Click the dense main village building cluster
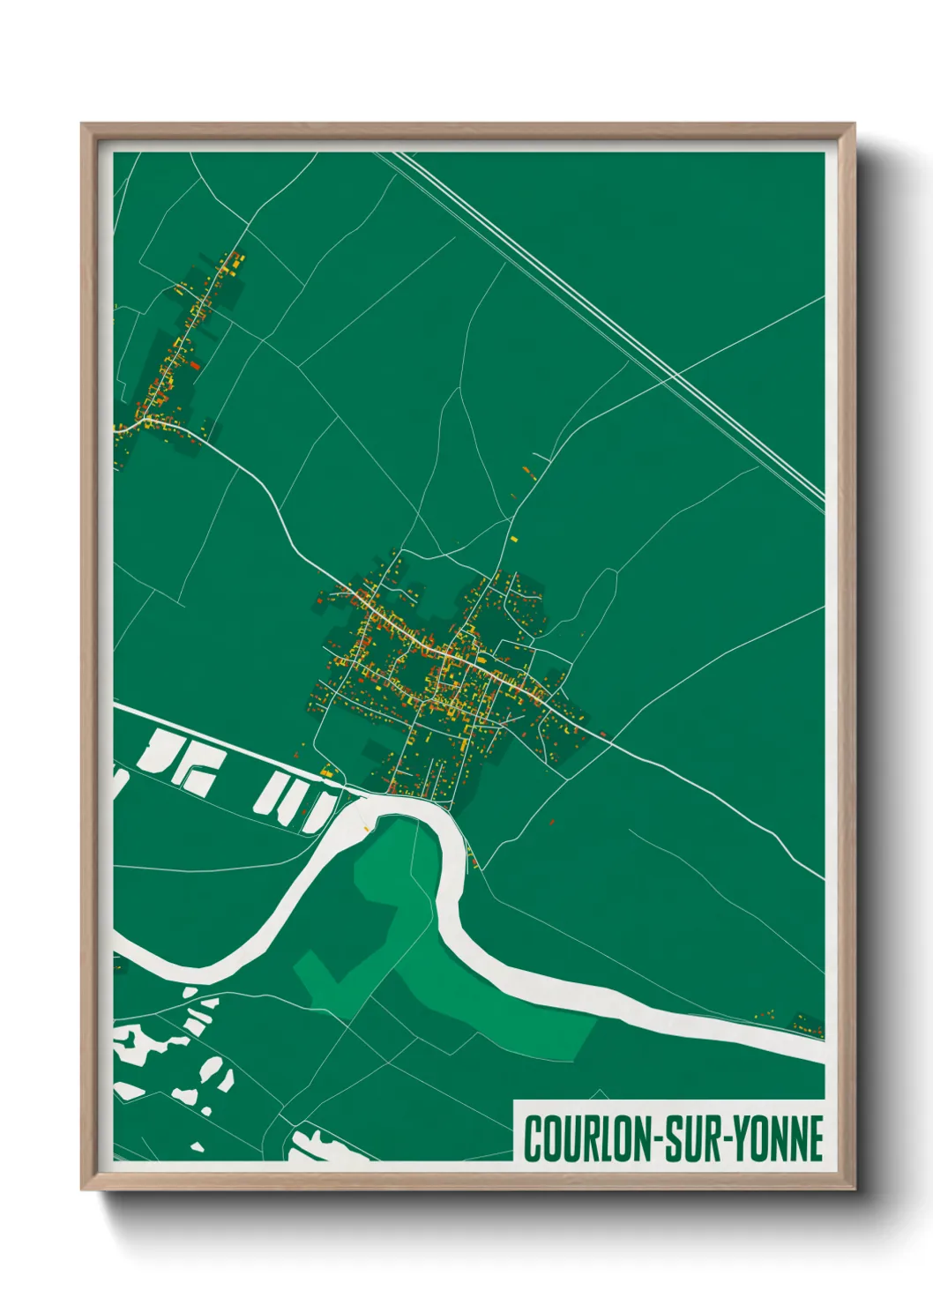click(x=441, y=670)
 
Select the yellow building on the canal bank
click(x=327, y=772)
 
